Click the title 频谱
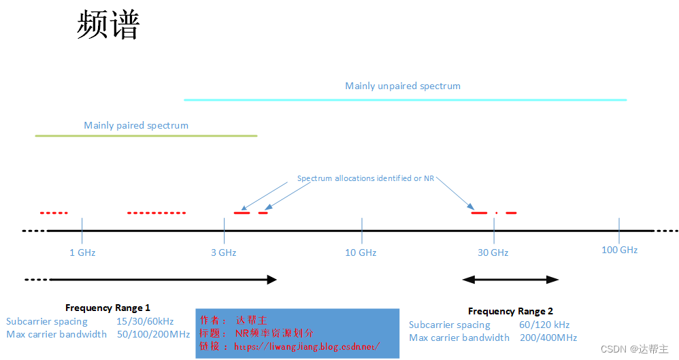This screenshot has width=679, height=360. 108,26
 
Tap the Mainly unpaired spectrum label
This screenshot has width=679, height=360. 403,86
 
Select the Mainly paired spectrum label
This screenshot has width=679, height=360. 136,125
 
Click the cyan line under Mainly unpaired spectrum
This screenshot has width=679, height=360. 405,100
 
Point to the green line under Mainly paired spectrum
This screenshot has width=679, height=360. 146,136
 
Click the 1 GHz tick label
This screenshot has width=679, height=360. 82,252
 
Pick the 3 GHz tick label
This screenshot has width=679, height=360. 223,252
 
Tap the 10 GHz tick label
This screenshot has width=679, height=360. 361,252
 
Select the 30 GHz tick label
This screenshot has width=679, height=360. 493,252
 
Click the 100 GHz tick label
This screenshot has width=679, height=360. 619,250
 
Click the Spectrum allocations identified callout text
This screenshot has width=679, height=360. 365,178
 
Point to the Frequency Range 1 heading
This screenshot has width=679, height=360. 107,308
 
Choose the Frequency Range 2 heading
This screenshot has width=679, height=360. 510,311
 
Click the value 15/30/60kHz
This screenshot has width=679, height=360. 145,321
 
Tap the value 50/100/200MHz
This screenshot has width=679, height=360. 153,334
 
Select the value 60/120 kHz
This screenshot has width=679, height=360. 544,325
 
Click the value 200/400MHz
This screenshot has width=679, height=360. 548,338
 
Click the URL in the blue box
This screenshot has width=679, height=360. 307,346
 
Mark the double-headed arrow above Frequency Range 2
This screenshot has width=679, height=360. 510,279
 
